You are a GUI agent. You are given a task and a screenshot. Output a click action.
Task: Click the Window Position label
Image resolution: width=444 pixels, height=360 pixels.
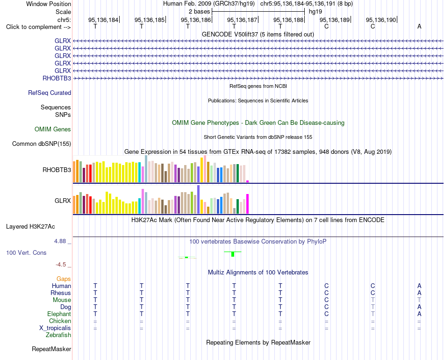point(49,4)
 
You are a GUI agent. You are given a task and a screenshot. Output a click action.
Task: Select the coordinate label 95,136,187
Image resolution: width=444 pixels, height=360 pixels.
point(242,20)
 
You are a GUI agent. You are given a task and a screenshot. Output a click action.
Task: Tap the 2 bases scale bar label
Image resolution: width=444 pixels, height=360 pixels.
point(200,12)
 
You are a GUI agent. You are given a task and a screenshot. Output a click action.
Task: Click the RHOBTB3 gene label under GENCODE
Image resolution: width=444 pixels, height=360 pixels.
point(57,78)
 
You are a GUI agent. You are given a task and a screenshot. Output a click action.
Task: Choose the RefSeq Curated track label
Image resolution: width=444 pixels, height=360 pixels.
point(50,93)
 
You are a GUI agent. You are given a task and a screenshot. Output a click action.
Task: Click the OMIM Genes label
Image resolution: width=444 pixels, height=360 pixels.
point(53,130)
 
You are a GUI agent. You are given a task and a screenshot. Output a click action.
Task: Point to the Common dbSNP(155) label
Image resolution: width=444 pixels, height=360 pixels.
point(42,144)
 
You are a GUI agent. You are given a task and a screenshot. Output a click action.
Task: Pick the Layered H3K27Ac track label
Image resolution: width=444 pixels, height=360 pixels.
point(30,227)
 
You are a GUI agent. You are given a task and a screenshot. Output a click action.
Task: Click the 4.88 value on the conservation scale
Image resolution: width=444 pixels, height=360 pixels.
point(60,241)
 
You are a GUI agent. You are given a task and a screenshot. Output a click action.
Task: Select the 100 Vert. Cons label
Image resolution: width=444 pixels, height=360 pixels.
point(26,252)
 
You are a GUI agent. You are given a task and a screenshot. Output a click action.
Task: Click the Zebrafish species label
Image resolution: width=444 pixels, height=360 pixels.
point(58,335)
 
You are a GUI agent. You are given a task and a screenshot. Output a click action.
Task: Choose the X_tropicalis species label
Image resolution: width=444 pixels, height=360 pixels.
point(55,328)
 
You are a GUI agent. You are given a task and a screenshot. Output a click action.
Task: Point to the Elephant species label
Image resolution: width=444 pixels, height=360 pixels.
point(59,314)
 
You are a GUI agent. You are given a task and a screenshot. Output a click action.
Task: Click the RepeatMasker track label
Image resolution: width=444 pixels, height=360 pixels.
point(51,349)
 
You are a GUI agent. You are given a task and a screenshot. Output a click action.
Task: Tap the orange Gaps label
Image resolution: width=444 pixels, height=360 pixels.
point(64,279)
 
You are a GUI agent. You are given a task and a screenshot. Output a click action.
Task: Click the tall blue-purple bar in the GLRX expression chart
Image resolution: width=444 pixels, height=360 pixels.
point(199,199)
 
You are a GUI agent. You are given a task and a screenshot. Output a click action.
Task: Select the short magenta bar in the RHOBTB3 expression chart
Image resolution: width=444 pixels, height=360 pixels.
point(248,181)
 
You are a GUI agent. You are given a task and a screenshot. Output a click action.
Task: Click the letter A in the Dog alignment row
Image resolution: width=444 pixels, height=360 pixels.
point(419,307)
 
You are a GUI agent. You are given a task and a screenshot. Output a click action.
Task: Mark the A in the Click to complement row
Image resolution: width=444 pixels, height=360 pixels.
point(419,27)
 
